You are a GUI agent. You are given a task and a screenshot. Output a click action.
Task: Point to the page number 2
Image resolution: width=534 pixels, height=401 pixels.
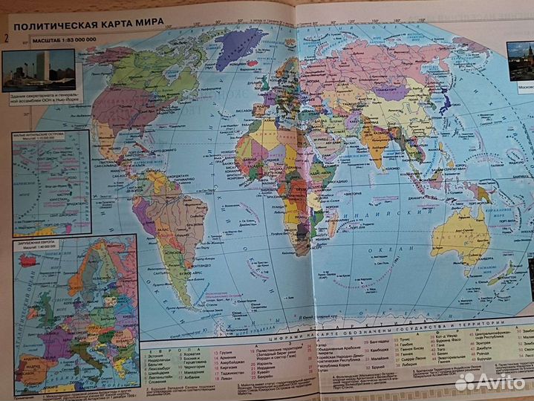click(7, 38)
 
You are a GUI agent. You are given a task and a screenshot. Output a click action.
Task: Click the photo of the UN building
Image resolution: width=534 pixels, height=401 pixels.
click(39, 70)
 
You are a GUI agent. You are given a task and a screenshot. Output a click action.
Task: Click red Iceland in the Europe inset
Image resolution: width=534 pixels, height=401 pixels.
click(30, 261)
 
